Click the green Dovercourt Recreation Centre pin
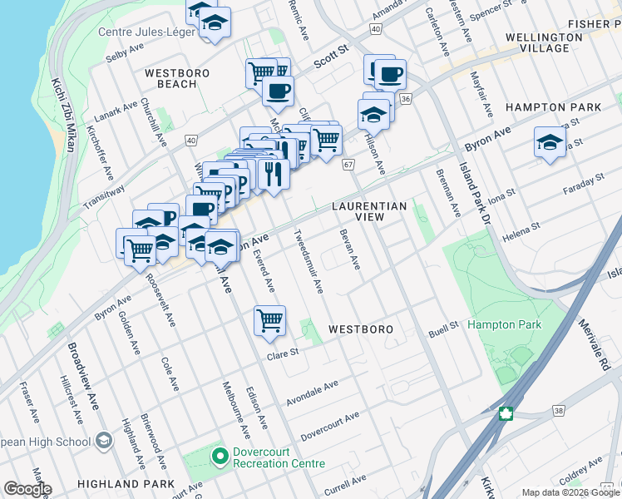[220, 456]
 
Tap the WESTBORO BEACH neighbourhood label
[176, 79]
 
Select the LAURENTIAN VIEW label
[369, 211]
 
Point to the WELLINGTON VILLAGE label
[544, 42]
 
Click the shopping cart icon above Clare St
[269, 320]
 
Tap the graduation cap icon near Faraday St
[550, 142]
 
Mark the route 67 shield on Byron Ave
[348, 165]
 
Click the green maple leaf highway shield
[505, 413]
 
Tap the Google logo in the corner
[27, 489]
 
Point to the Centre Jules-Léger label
[146, 33]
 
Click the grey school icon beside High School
[104, 439]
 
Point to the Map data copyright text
[570, 492]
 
